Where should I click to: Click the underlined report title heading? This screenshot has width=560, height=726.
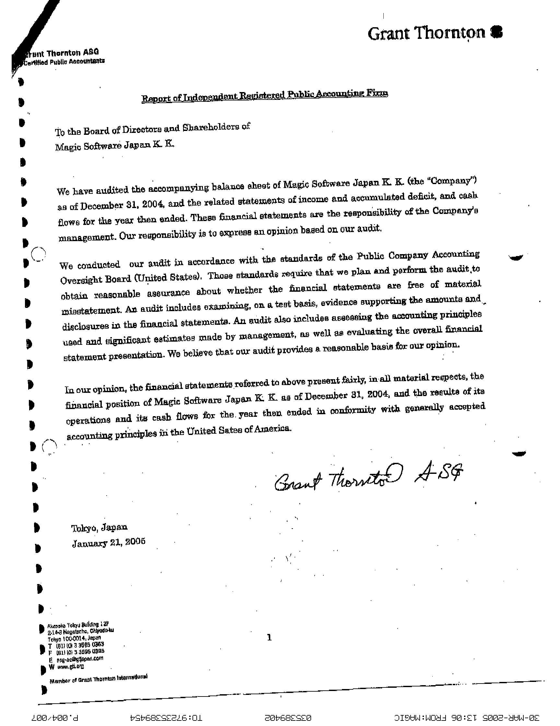pos(264,96)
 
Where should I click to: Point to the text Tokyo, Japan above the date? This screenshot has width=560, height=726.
pos(99,528)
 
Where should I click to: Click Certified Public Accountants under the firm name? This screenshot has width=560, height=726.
pos(64,62)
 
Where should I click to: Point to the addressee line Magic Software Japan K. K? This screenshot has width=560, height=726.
pos(114,145)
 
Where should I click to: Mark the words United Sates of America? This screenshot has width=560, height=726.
pos(239,430)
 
